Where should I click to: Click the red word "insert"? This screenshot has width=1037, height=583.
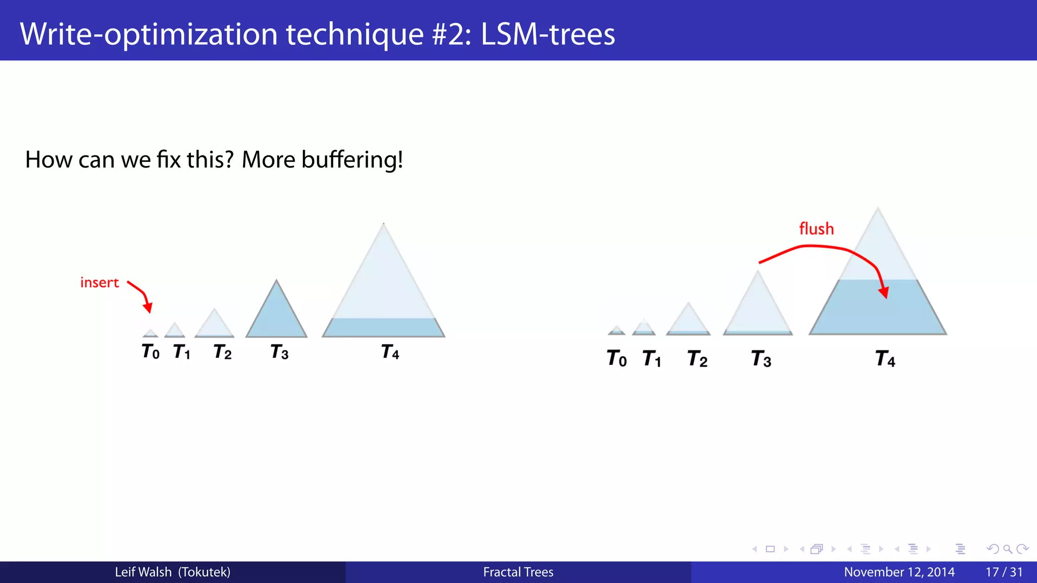(99, 282)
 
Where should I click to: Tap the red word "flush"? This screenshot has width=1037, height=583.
(816, 229)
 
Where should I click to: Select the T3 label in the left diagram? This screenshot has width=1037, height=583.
(280, 352)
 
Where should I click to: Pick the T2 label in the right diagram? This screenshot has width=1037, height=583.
(697, 359)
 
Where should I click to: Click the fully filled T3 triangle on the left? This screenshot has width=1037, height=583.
(276, 316)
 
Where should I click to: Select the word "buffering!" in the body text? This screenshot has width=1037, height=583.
(352, 160)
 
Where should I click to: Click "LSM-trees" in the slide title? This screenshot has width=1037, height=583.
(548, 34)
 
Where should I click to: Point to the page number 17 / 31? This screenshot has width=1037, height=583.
(1004, 572)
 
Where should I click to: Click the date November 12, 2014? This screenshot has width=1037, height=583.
(899, 572)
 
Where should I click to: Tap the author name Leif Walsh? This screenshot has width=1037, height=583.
(143, 572)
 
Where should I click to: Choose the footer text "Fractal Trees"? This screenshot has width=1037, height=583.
(518, 572)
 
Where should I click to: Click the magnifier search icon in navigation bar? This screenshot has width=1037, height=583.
(1008, 549)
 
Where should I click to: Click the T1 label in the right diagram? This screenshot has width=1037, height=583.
(652, 359)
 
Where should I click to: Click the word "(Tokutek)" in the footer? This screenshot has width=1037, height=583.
(204, 572)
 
